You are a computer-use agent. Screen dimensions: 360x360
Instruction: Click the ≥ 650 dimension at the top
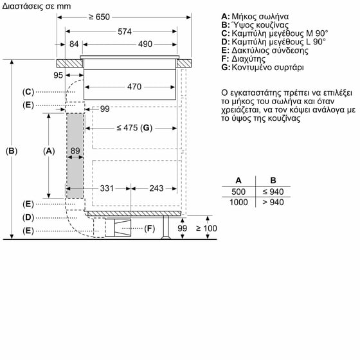pyautogui.click(x=99, y=17)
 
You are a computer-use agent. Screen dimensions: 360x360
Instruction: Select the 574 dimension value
pyautogui.click(x=125, y=32)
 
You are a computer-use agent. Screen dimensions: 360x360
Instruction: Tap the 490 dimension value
pyautogui.click(x=145, y=44)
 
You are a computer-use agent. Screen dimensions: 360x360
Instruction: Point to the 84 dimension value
pyautogui.click(x=74, y=44)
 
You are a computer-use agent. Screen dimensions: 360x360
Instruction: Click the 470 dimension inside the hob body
pyautogui.click(x=134, y=87)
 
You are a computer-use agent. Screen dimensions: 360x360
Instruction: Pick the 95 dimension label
pyautogui.click(x=58, y=75)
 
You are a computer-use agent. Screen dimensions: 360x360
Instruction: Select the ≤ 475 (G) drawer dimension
pyautogui.click(x=134, y=128)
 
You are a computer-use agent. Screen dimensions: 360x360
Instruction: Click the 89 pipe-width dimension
pyautogui.click(x=75, y=150)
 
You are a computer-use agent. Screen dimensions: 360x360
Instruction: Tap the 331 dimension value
pyautogui.click(x=107, y=188)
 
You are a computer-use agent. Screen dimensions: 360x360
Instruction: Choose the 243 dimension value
pyautogui.click(x=156, y=188)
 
